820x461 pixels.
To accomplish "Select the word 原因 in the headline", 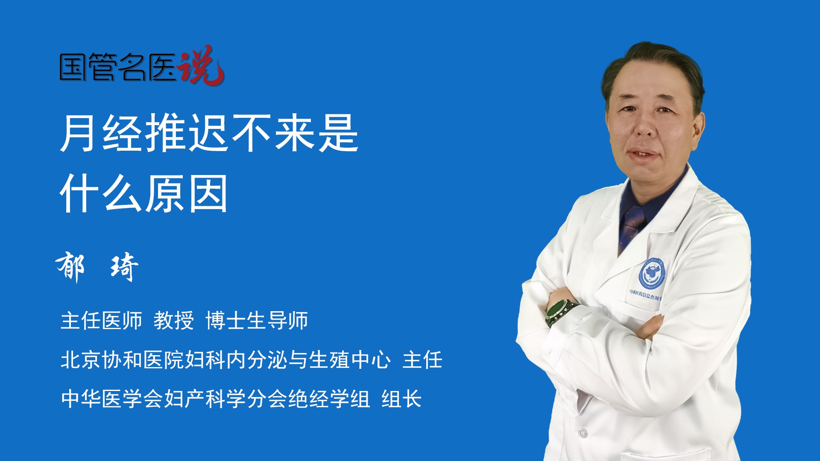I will (x=187, y=194).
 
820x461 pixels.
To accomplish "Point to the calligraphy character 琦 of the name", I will (x=124, y=267).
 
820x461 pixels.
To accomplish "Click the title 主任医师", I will (x=101, y=320).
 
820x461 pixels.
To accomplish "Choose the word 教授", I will (x=173, y=320).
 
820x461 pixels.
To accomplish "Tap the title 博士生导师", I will (x=257, y=320).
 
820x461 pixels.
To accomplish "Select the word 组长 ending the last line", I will (x=401, y=399).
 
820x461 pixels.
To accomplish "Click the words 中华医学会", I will (x=112, y=399).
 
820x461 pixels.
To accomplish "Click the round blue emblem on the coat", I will (x=652, y=274).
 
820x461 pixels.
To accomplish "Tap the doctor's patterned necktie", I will (x=631, y=226).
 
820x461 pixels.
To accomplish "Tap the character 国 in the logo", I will (x=73, y=67).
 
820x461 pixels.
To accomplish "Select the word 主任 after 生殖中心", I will (x=422, y=359).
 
